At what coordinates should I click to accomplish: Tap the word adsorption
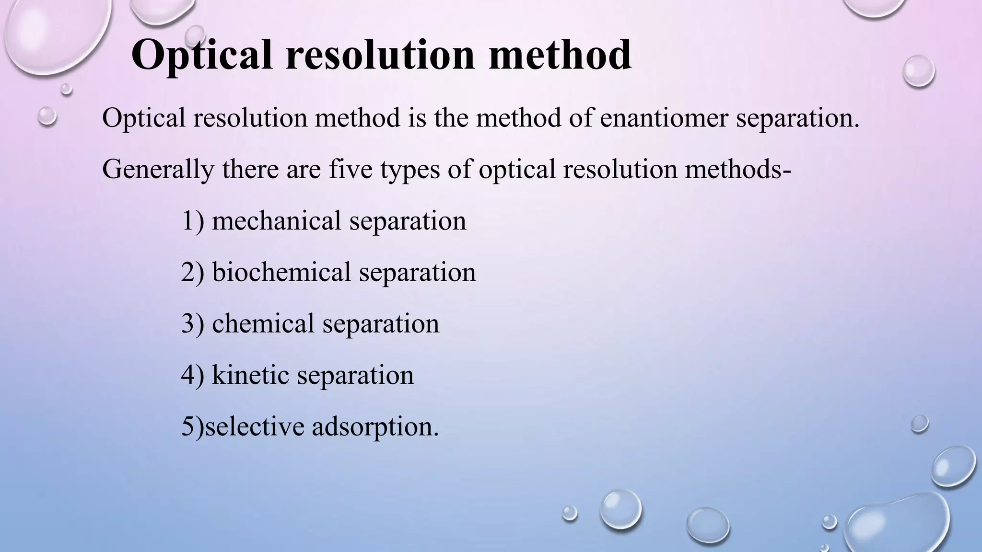point(375,426)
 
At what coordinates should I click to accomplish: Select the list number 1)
point(193,221)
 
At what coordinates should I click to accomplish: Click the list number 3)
point(193,323)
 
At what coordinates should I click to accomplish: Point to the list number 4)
point(193,375)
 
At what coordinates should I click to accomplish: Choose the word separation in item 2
point(417,272)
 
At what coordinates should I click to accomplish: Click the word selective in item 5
point(255,426)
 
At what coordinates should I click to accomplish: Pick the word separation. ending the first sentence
point(798,118)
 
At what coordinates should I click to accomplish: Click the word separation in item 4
point(355,375)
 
